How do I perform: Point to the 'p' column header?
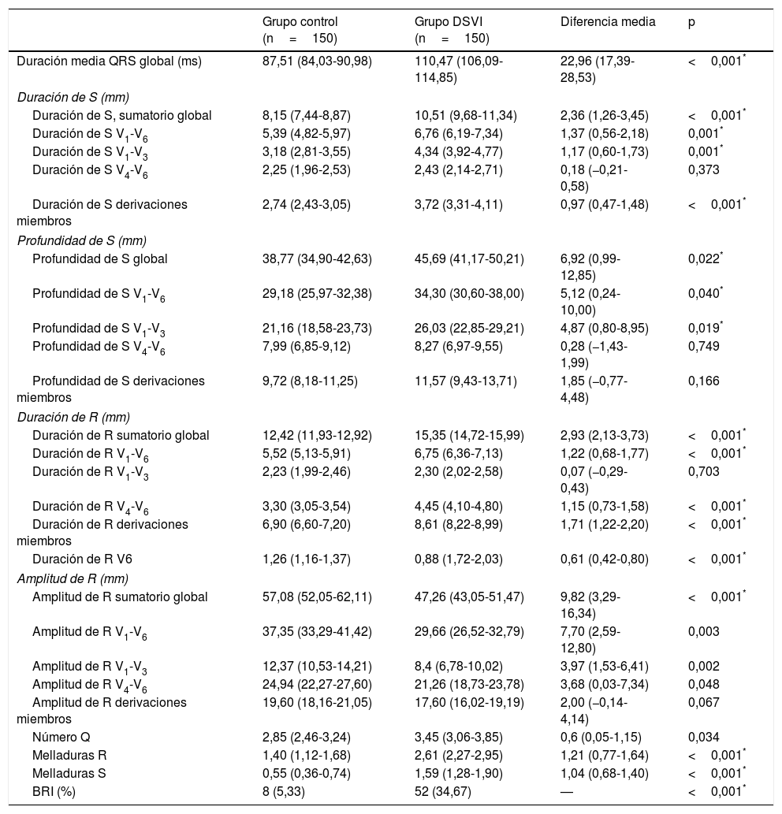tap(691, 23)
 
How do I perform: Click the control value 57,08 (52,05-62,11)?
tap(317, 597)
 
